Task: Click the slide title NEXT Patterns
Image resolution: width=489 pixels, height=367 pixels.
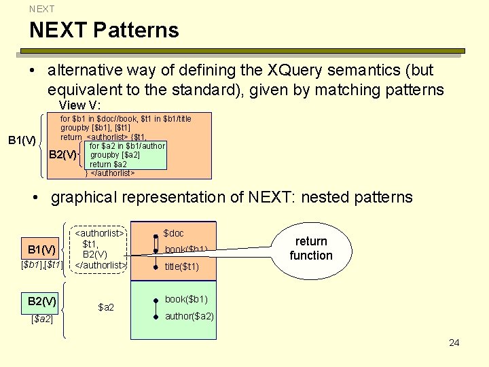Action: tap(104, 30)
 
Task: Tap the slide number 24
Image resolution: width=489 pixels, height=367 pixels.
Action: tap(454, 343)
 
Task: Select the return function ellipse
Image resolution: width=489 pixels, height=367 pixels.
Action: tap(310, 249)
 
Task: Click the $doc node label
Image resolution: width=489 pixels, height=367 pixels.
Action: tap(173, 233)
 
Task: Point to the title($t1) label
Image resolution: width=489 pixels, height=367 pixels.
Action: tap(182, 266)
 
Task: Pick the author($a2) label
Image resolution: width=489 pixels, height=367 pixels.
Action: tap(189, 316)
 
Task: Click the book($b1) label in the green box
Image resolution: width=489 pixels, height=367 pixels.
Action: tap(186, 299)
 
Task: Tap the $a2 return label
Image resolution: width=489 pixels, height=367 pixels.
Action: tap(107, 308)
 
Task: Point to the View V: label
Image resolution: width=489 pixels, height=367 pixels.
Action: tap(80, 105)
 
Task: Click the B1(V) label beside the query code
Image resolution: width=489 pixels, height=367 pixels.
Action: tap(22, 141)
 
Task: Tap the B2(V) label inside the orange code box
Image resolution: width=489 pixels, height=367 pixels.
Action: tap(63, 155)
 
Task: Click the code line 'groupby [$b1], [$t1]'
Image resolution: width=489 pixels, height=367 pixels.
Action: tap(95, 128)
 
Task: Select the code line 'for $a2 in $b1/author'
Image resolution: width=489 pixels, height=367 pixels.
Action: tap(127, 146)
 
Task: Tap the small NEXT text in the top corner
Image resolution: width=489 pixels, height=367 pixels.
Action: tap(41, 9)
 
